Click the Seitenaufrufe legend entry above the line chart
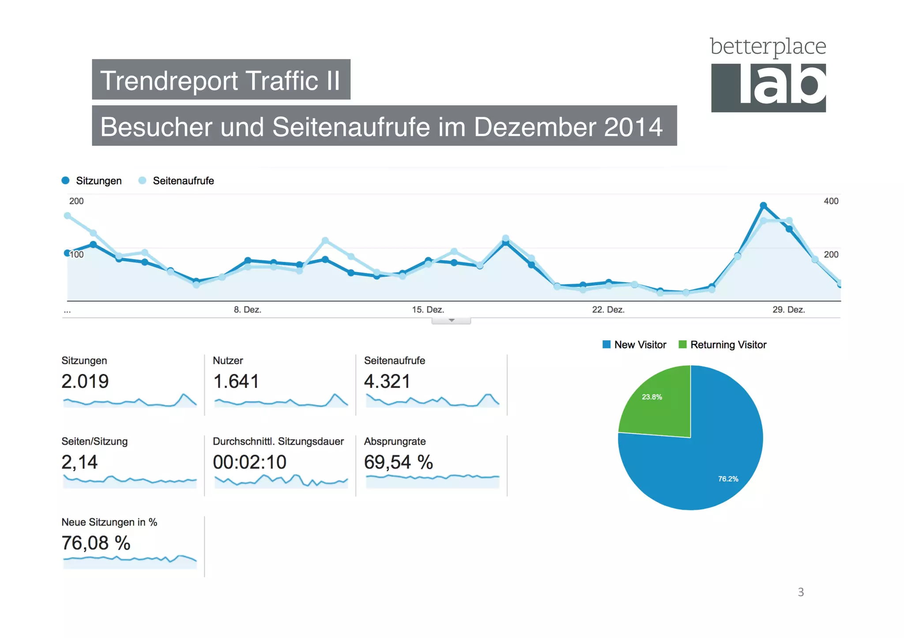tap(176, 181)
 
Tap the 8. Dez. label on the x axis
tap(247, 310)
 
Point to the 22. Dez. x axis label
tap(608, 310)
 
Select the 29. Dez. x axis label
tap(788, 310)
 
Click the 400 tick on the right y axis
tap(831, 201)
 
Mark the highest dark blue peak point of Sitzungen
tap(763, 205)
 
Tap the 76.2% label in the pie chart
tap(728, 479)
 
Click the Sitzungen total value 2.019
tap(85, 381)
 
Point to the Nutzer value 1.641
tap(236, 381)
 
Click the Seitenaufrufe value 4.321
tap(387, 381)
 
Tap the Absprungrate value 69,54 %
tap(398, 462)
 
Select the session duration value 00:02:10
tap(249, 462)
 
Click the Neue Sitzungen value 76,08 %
tap(96, 543)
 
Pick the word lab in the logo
tap(782, 86)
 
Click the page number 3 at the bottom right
tap(801, 592)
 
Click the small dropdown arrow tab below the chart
tap(451, 321)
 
